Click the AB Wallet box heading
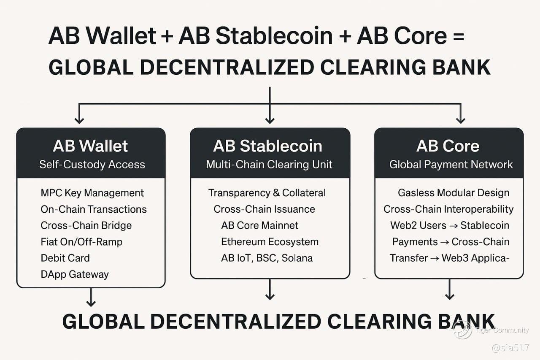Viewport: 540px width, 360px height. click(x=90, y=146)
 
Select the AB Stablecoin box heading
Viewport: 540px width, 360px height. click(x=267, y=146)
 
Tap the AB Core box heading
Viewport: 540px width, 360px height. click(x=448, y=146)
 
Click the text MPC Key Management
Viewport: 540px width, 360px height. click(x=92, y=193)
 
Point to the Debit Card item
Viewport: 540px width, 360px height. click(x=65, y=258)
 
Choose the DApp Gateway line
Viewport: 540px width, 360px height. click(x=75, y=274)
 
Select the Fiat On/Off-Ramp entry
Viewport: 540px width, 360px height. click(x=81, y=242)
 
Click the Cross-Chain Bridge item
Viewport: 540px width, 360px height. click(x=86, y=225)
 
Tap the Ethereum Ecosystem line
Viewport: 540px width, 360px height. click(x=270, y=242)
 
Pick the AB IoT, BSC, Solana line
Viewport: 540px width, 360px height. click(x=267, y=258)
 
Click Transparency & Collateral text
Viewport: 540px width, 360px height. click(x=267, y=193)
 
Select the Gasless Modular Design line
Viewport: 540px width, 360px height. click(x=454, y=193)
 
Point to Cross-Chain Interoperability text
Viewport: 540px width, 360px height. click(x=448, y=209)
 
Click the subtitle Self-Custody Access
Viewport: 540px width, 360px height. click(x=92, y=165)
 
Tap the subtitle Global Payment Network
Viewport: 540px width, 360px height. click(x=451, y=165)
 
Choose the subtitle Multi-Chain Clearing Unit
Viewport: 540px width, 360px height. click(x=269, y=165)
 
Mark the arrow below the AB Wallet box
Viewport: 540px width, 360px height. click(x=91, y=297)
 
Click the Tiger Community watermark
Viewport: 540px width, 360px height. click(x=491, y=330)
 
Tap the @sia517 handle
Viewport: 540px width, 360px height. click(x=510, y=348)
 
